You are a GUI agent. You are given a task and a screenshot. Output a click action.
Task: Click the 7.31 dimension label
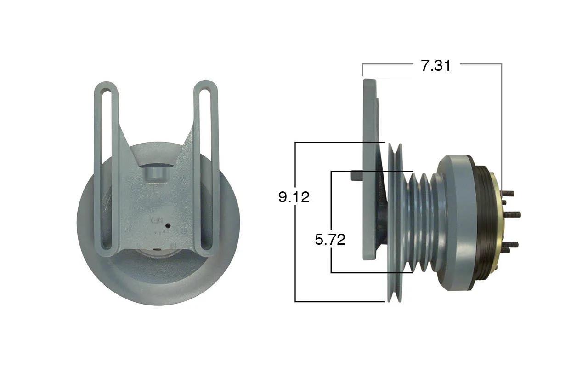click(436, 65)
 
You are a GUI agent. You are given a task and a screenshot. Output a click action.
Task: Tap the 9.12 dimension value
click(294, 197)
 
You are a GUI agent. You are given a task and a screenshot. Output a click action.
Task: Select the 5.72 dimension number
click(330, 240)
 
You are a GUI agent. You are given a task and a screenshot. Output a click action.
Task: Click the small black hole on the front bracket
click(168, 225)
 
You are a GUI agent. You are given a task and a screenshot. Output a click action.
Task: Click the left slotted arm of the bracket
click(106, 168)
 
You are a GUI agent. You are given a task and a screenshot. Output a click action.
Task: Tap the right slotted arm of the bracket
click(206, 168)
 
